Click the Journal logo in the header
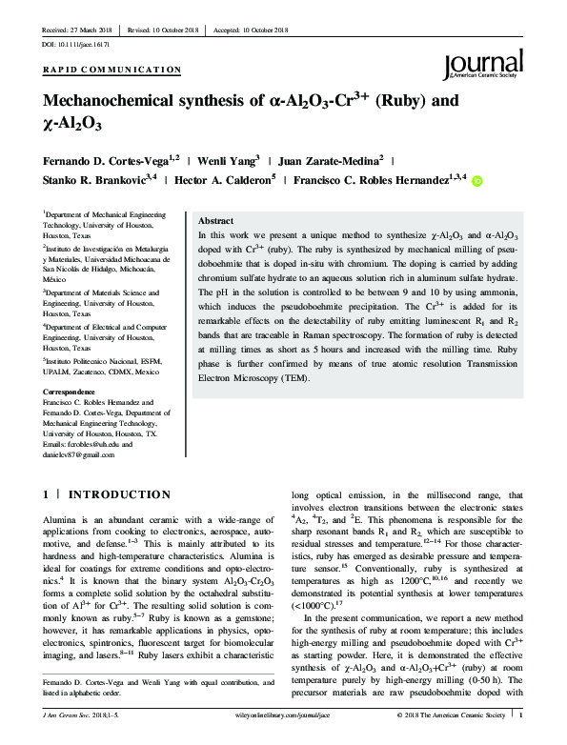pyautogui.click(x=481, y=65)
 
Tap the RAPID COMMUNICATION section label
pyautogui.click(x=112, y=70)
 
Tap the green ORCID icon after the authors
pyautogui.click(x=478, y=179)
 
